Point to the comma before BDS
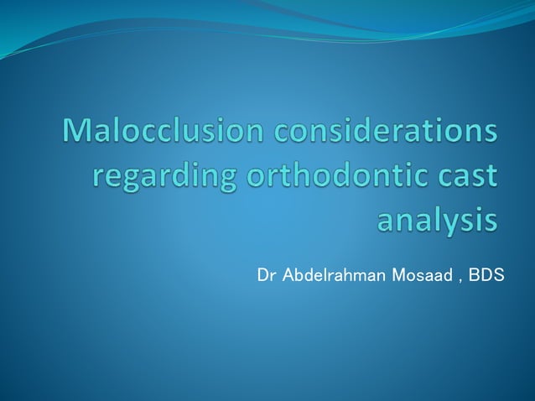point(459,279)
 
